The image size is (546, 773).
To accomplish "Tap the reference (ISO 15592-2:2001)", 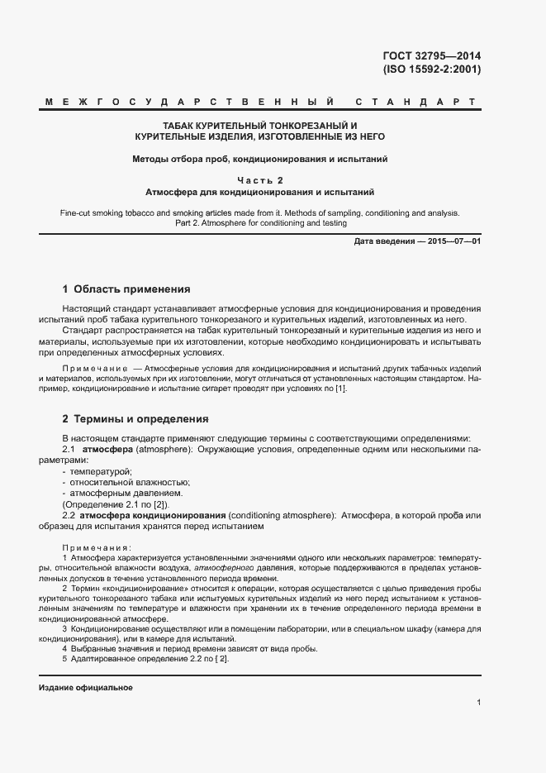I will [431, 69].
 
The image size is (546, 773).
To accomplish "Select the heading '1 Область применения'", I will [126, 289].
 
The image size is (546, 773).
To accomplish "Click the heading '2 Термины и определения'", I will [135, 419].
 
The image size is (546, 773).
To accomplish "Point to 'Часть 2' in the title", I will [259, 179].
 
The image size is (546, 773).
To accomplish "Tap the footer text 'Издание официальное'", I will [86, 688].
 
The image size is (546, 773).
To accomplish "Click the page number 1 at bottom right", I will [478, 702].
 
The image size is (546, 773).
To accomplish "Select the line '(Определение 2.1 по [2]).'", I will [116, 504].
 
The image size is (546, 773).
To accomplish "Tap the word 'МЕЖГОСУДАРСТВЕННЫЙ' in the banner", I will [190, 103].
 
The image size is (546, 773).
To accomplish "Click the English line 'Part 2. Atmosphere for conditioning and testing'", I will [260, 223].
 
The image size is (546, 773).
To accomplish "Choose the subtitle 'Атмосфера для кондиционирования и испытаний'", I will [259, 192].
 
